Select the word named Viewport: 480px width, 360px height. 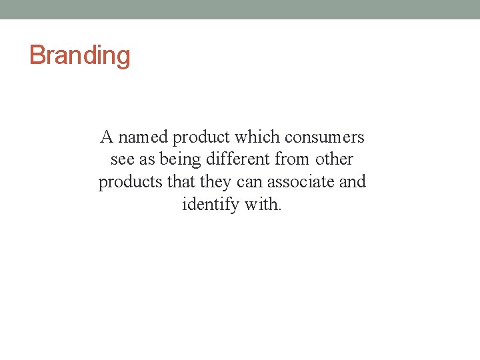142,137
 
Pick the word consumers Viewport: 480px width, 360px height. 325,138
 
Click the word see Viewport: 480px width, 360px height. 121,160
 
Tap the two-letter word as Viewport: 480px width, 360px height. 147,160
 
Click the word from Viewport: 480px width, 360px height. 292,160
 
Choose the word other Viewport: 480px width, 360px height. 335,160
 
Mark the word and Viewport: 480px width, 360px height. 353,182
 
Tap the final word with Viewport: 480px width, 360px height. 263,204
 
